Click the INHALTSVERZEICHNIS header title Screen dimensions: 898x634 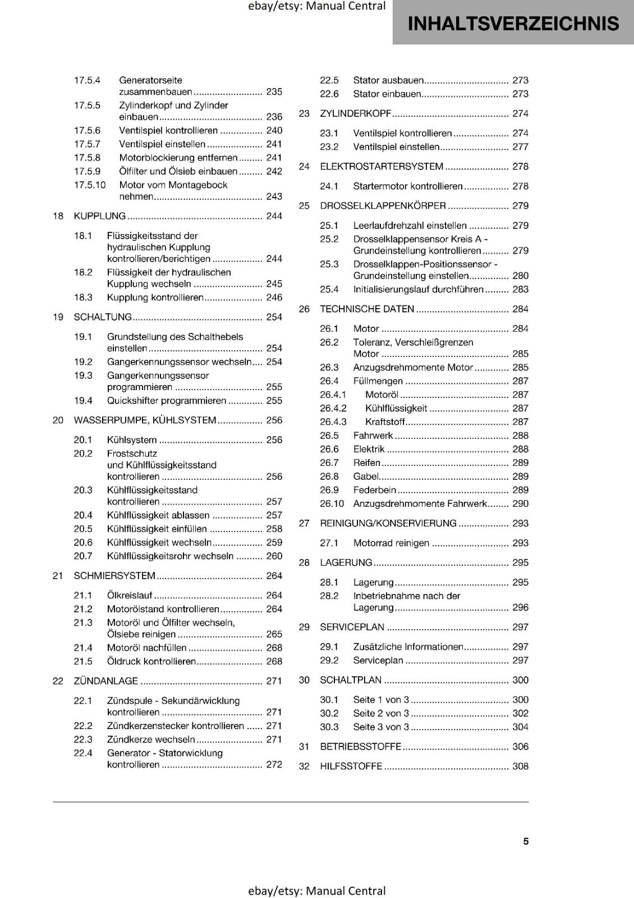[x=513, y=24]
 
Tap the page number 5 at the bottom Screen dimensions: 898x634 [x=526, y=841]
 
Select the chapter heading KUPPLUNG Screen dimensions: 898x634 [x=100, y=216]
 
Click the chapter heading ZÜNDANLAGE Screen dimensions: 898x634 [x=106, y=681]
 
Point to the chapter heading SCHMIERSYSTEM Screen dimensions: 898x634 [x=114, y=576]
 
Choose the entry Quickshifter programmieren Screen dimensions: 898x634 [x=167, y=401]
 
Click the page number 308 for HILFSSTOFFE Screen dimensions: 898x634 [x=520, y=766]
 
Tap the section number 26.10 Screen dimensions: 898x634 [x=332, y=504]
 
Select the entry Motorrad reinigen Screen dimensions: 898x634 [x=391, y=543]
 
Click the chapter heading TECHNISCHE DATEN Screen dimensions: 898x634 [x=367, y=309]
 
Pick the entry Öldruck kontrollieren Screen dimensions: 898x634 [x=151, y=662]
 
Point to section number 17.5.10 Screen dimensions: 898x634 [x=90, y=185]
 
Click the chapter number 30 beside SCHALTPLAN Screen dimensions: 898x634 [x=304, y=680]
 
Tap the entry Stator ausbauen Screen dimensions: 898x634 [x=388, y=80]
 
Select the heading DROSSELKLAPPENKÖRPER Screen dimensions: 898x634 [x=383, y=206]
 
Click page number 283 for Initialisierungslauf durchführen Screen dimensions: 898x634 [x=520, y=290]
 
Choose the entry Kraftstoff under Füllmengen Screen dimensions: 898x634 [x=385, y=422]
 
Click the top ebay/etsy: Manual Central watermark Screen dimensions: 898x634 [x=317, y=6]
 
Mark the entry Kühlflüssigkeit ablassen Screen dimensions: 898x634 [x=158, y=515]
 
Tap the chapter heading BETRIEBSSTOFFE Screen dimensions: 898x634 [x=361, y=746]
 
